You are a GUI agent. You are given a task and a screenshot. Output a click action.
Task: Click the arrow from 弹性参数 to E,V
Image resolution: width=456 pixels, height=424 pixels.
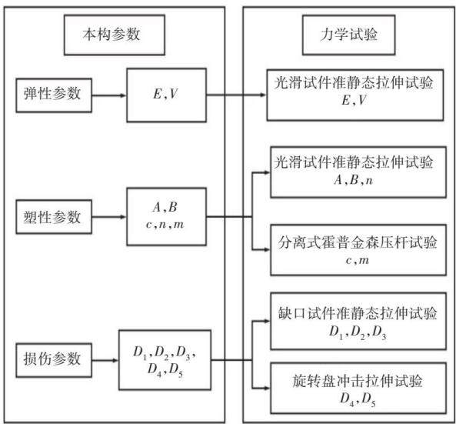point(109,95)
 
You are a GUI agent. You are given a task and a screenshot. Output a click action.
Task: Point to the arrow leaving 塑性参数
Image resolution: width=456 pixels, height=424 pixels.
point(109,217)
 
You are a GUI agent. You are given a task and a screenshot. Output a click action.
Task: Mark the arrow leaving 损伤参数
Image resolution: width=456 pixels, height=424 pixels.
point(105,360)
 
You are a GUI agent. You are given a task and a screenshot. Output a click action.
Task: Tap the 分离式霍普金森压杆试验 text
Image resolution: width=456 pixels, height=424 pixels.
point(357,242)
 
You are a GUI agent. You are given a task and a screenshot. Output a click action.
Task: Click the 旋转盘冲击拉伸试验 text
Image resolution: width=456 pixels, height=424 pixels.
point(357,381)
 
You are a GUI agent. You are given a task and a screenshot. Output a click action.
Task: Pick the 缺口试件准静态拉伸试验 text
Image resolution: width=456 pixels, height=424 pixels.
point(357,313)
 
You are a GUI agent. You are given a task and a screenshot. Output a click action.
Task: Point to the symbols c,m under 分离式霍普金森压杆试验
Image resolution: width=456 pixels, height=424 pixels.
point(358,260)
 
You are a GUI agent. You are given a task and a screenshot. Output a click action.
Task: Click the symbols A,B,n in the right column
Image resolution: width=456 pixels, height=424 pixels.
point(353,180)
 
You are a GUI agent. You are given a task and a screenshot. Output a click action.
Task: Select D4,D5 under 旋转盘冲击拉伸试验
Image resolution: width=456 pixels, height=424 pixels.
point(358,399)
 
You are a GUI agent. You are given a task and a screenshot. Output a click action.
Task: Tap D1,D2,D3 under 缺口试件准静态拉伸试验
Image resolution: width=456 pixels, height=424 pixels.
point(358,332)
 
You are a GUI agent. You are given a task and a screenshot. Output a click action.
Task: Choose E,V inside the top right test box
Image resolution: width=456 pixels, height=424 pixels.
point(353,100)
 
